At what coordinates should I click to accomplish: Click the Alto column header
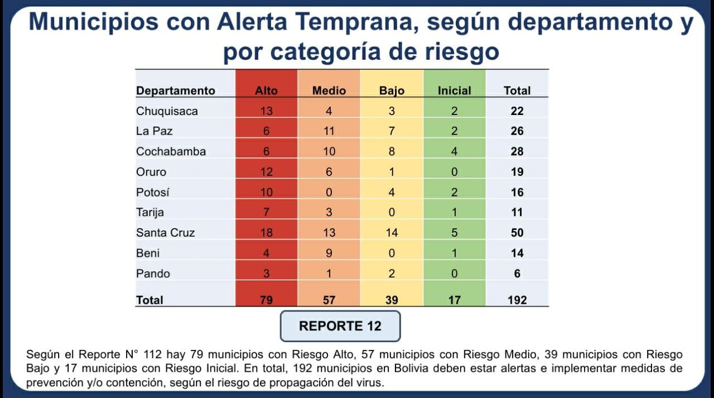pyautogui.click(x=266, y=90)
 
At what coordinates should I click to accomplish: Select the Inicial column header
pyautogui.click(x=454, y=90)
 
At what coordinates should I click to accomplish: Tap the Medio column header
pyautogui.click(x=329, y=90)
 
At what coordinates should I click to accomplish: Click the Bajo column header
pyautogui.click(x=392, y=90)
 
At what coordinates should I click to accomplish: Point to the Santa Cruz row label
pyautogui.click(x=165, y=233)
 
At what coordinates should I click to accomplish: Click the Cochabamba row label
pyautogui.click(x=171, y=151)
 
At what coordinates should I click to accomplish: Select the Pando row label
pyautogui.click(x=153, y=274)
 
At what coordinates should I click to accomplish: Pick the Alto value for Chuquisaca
pyautogui.click(x=266, y=111)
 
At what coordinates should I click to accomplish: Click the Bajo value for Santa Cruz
pyautogui.click(x=392, y=233)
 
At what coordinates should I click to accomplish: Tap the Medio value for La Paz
pyautogui.click(x=329, y=131)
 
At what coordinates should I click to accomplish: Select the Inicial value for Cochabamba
pyautogui.click(x=454, y=151)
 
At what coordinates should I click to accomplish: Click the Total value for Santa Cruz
pyautogui.click(x=517, y=233)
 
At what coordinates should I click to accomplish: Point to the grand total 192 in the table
pyautogui.click(x=517, y=300)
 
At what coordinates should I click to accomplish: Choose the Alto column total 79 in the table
pyautogui.click(x=266, y=300)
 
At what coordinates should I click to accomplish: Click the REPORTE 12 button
pyautogui.click(x=340, y=326)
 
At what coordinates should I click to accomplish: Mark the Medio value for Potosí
pyautogui.click(x=329, y=192)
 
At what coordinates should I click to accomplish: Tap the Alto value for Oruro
pyautogui.click(x=266, y=172)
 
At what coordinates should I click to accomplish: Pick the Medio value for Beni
pyautogui.click(x=329, y=253)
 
